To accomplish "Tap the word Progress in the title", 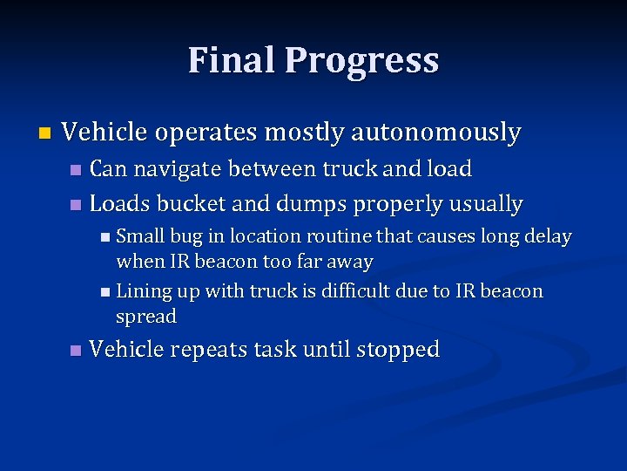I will click(361, 61).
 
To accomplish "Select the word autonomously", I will click(435, 133).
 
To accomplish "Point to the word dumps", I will click(307, 205).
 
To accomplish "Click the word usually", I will click(486, 205).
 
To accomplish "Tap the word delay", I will click(547, 236).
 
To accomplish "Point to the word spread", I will click(146, 317).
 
